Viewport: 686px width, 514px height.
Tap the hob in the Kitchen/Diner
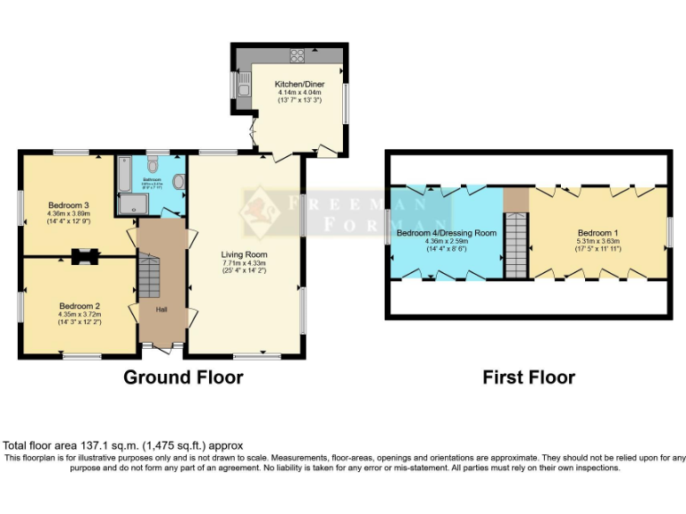[296, 53]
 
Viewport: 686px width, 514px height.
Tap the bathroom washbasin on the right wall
[180, 182]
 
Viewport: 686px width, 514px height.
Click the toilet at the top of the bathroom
[153, 164]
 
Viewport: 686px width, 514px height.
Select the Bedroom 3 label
[69, 204]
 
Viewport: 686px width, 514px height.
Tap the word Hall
[162, 310]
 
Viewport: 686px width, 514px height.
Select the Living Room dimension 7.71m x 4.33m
[244, 263]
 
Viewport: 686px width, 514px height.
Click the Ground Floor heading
[183, 377]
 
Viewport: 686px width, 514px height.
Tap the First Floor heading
[529, 377]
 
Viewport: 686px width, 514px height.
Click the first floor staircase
[516, 249]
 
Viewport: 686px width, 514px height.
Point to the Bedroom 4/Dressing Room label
[446, 233]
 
